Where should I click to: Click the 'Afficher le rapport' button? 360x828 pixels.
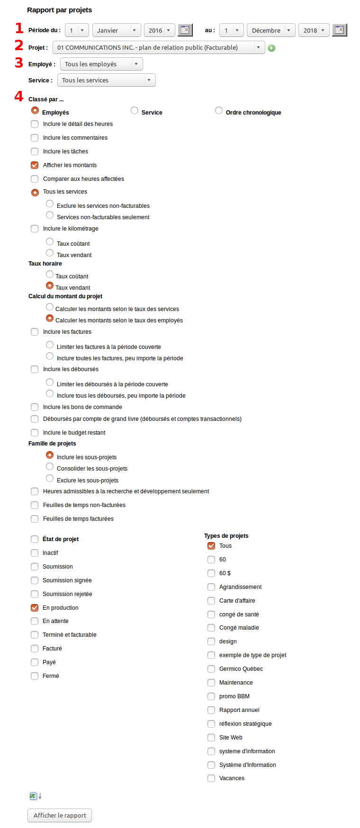(60, 815)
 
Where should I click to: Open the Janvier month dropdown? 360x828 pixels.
(117, 30)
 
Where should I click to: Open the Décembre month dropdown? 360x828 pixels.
(271, 30)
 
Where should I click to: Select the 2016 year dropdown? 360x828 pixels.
(159, 30)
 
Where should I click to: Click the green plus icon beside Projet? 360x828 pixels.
(271, 48)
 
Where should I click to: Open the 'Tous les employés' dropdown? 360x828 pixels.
(101, 64)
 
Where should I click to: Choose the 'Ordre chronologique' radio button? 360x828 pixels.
(219, 111)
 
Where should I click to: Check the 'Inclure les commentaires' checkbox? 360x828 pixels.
(35, 138)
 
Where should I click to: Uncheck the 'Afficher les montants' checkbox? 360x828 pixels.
(35, 165)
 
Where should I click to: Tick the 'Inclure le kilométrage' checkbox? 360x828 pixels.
(35, 229)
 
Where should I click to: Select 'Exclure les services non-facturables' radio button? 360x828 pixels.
(50, 204)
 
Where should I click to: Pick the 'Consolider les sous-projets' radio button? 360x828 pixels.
(50, 467)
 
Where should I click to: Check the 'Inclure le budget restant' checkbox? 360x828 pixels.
(35, 433)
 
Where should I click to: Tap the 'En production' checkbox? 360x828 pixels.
(35, 608)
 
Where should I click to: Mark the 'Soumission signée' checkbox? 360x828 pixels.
(35, 580)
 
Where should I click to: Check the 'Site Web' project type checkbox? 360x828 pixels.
(211, 738)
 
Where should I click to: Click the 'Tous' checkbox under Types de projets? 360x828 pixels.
(211, 546)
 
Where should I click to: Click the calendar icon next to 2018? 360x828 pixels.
(339, 30)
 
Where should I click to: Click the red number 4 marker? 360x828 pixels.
(19, 97)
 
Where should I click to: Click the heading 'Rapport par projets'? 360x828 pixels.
(60, 10)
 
